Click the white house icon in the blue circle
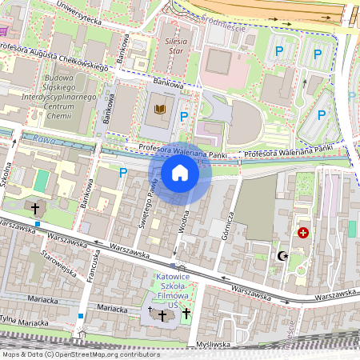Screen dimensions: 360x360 (180, 173)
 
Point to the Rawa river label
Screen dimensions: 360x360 (31, 139)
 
